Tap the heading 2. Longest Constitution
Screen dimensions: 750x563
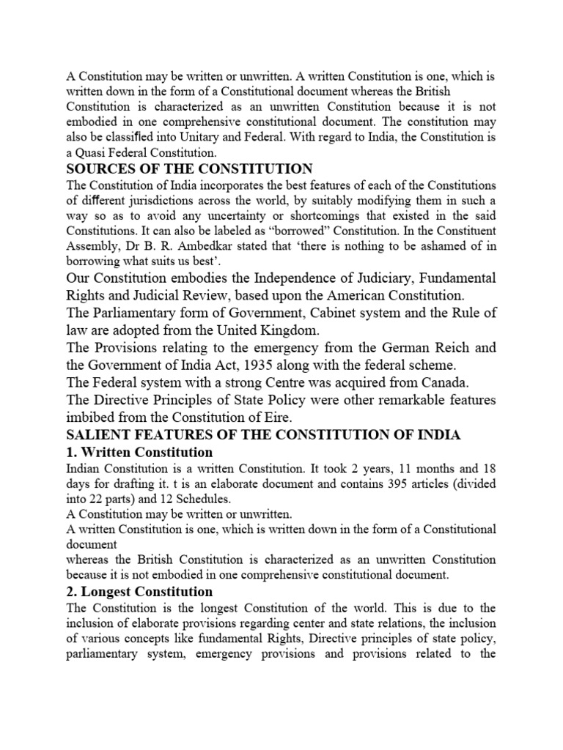(139, 592)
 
